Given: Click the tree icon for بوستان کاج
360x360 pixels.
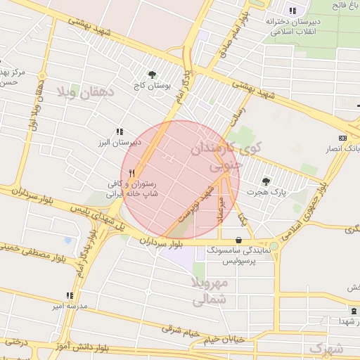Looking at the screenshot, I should click(x=152, y=75).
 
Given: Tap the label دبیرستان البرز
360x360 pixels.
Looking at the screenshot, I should click(x=120, y=142).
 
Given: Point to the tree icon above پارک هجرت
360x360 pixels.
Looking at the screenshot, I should click(x=266, y=181).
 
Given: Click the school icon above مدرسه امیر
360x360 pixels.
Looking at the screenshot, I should click(x=69, y=295).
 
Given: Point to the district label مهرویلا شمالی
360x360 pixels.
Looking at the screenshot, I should click(x=210, y=291).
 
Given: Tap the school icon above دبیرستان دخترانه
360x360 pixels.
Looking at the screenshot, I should click(x=292, y=11).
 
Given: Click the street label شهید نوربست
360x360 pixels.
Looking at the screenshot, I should click(x=194, y=204).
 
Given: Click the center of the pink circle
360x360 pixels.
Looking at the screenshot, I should click(x=181, y=180).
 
